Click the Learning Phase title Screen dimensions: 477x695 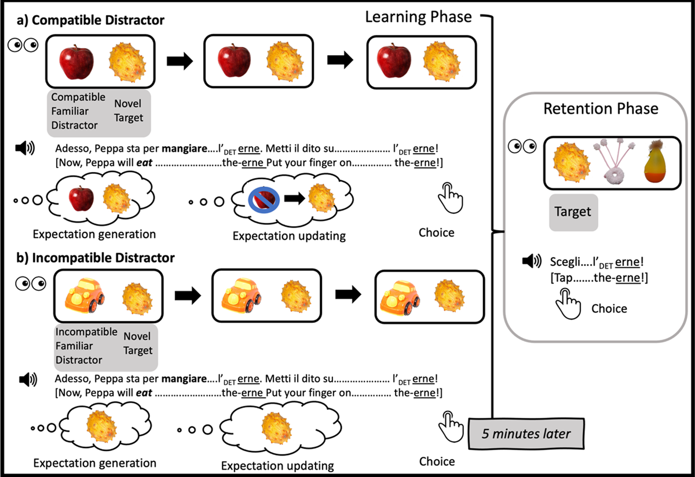419,16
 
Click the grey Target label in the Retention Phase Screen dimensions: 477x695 573,211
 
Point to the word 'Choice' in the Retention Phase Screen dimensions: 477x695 609,308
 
